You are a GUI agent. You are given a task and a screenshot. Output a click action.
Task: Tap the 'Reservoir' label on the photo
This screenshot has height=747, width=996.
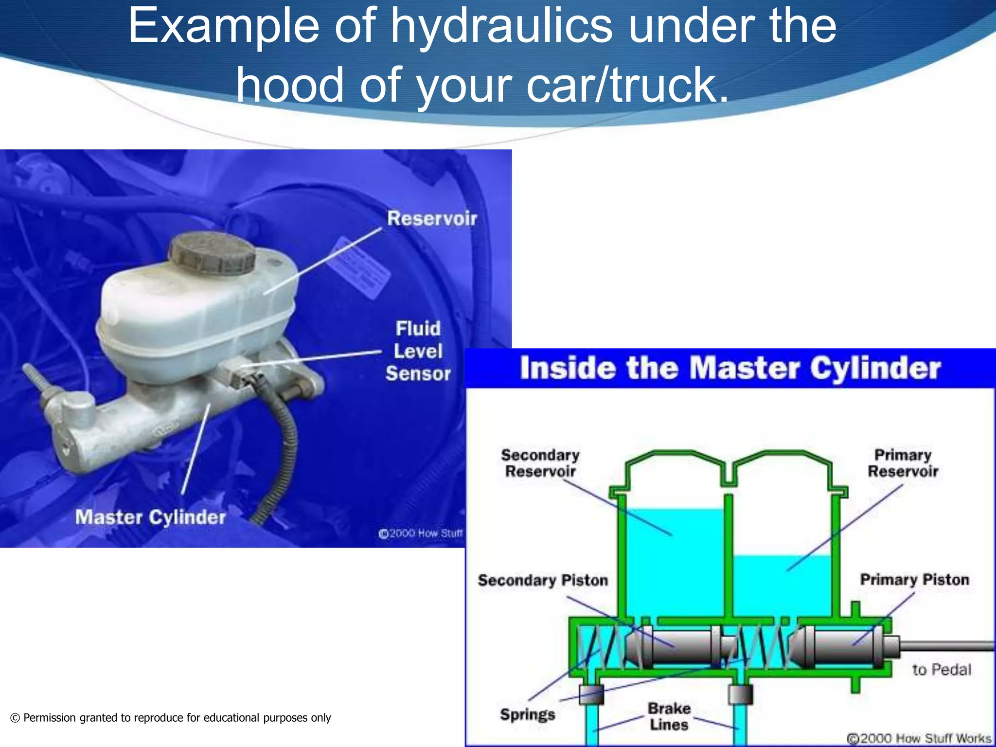point(432,218)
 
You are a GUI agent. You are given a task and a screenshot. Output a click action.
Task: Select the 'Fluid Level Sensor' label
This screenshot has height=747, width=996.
point(418,351)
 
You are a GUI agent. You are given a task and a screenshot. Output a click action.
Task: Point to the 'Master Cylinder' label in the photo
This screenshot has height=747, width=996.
point(150,517)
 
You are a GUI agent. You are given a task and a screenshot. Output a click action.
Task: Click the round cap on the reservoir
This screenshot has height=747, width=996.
point(212,252)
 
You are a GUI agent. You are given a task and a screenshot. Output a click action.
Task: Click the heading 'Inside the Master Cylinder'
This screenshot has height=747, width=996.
point(730,368)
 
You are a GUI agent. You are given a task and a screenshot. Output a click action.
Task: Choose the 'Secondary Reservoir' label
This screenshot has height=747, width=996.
point(540,463)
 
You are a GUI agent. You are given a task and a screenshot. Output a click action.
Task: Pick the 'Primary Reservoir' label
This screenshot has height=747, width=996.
point(903,463)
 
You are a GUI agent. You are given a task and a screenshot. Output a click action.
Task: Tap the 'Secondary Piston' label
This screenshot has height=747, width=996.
point(543,580)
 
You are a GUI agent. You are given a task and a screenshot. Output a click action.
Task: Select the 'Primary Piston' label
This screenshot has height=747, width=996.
point(914,580)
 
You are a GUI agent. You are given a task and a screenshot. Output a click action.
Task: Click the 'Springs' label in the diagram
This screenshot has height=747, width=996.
point(527,714)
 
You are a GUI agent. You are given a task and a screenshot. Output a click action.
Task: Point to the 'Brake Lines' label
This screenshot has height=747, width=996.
point(669,716)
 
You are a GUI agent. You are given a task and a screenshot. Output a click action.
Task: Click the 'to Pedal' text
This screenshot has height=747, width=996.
point(942,670)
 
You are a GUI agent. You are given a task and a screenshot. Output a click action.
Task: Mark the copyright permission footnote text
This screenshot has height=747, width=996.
point(170,718)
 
